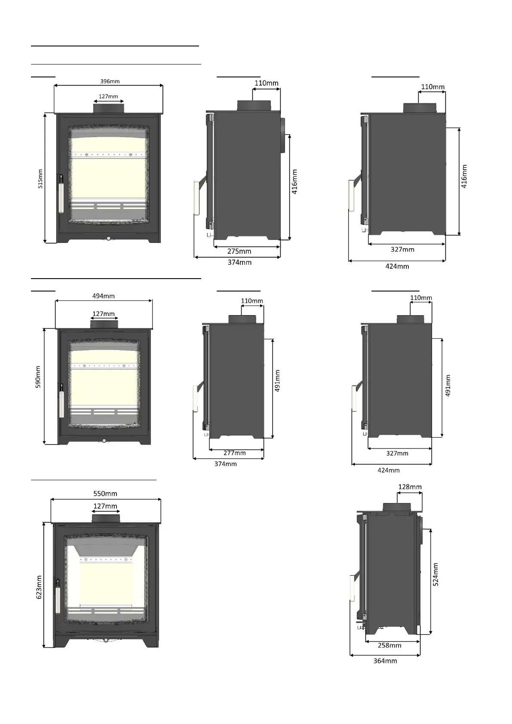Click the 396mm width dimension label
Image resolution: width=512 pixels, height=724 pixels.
[x=110, y=81]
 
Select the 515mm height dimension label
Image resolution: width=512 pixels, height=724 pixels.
[x=40, y=179]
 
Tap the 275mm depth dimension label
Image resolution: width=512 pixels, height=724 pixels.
[x=239, y=251]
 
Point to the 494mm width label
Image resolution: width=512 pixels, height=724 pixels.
[x=104, y=296]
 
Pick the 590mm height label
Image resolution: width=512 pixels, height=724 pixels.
[x=38, y=377]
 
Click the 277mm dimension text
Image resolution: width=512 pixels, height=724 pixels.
[x=235, y=453]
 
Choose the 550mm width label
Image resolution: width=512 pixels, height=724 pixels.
[x=105, y=494]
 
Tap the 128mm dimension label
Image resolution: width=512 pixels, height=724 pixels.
[x=410, y=487]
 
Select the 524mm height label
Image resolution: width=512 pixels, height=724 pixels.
[x=436, y=574]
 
